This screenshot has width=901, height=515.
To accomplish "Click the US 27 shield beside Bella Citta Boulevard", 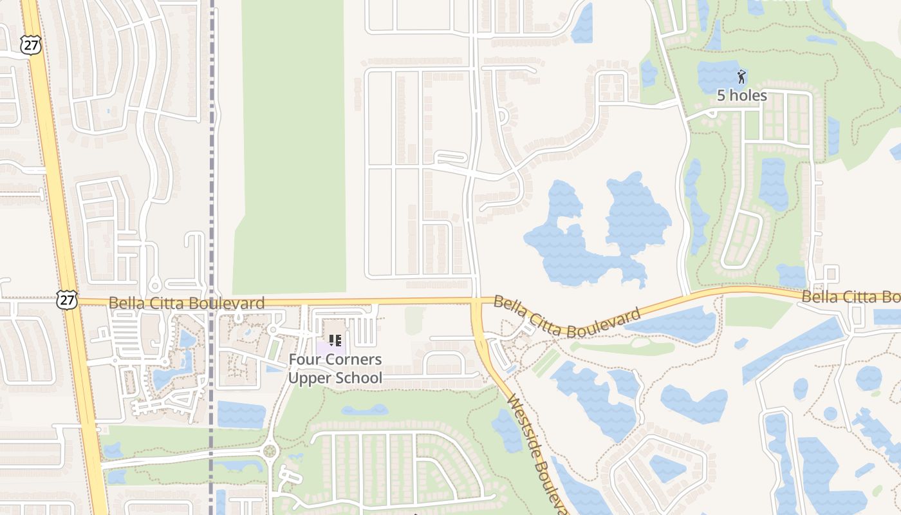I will coord(66,299).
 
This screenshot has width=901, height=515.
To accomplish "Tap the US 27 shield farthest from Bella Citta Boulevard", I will coord(30,44).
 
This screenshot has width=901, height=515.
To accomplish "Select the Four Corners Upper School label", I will coord(335,369).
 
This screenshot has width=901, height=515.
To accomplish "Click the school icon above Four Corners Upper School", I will coord(335,340).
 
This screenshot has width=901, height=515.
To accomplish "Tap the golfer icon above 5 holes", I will coord(741,77).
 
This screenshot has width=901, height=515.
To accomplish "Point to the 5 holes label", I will coord(742,96).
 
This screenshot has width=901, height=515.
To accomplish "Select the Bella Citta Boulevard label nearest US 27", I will coord(186,303).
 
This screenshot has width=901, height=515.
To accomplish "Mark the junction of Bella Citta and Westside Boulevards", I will coord(477,301).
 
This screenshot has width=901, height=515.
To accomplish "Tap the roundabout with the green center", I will coord(270,451).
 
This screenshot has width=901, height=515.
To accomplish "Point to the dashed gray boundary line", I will coord(212,193).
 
